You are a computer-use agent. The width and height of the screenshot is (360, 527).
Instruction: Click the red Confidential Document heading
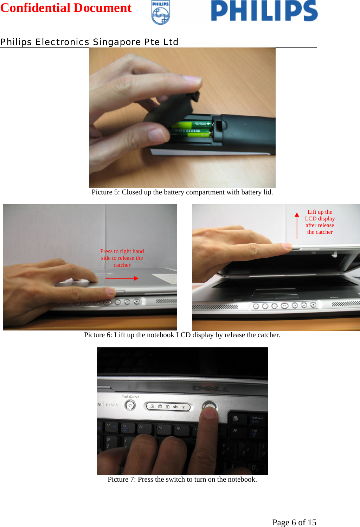(x=66, y=8)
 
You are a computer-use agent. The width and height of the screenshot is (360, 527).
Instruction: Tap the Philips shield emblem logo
(x=161, y=13)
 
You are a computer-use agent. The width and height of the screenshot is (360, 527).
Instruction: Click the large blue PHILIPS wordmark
(x=264, y=11)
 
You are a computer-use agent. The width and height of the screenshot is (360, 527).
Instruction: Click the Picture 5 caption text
(x=182, y=192)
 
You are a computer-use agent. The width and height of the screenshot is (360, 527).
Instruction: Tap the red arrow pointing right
(x=122, y=278)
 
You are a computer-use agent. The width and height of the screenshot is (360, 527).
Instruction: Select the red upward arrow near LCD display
(x=297, y=225)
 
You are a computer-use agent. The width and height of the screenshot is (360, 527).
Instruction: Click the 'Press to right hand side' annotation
(x=122, y=258)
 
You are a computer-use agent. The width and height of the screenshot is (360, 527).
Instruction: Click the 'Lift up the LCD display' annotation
(x=320, y=222)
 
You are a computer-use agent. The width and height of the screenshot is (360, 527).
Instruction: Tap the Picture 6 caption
(x=182, y=335)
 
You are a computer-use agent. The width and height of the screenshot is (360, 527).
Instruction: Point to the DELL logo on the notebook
(x=211, y=388)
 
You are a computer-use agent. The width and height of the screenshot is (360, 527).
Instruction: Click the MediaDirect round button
(x=130, y=405)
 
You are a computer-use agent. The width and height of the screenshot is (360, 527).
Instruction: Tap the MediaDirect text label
(x=130, y=397)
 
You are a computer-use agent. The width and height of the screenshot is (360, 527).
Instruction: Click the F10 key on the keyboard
(x=254, y=432)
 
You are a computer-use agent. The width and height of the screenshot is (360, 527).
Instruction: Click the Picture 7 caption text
(x=182, y=479)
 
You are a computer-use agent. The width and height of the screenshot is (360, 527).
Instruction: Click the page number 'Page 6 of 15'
(x=294, y=522)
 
